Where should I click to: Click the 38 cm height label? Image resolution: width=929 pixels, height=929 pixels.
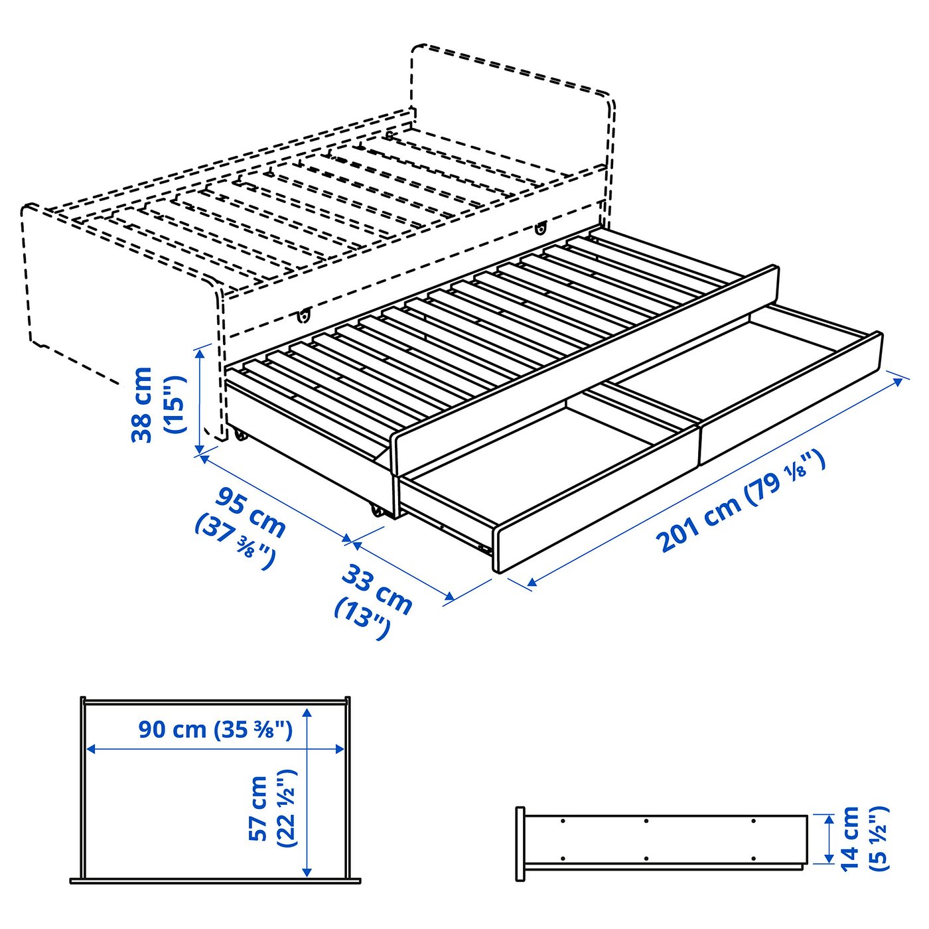click(x=143, y=404)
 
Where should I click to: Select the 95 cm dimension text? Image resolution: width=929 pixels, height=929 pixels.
click(x=251, y=511)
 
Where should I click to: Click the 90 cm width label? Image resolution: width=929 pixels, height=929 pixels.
click(x=173, y=729)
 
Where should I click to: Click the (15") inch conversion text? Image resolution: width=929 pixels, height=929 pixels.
click(x=174, y=404)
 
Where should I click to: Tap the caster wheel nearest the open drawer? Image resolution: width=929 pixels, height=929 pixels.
click(x=377, y=510)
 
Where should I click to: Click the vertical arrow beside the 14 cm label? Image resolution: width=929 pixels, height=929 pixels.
click(x=827, y=839)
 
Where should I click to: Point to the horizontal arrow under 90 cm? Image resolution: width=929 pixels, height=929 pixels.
click(x=216, y=749)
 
